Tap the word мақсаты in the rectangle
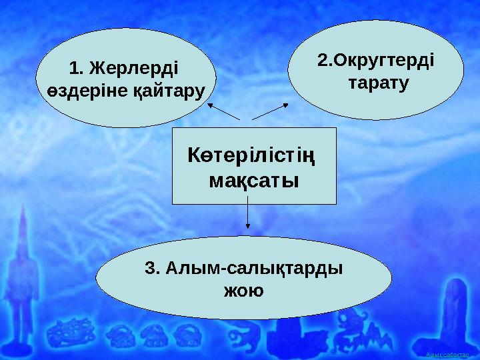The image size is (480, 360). tap(254, 181)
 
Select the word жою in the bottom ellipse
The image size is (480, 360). tap(243, 291)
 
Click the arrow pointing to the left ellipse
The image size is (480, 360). tap(223, 111)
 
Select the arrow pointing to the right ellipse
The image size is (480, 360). tap(271, 111)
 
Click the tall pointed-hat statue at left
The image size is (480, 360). tap(25, 280)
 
